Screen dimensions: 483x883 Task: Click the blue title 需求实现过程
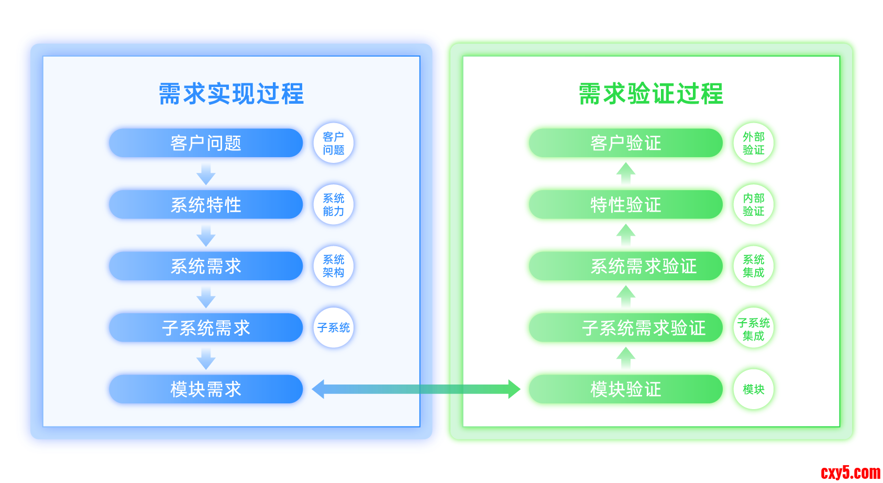click(231, 94)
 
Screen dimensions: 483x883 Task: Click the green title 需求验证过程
click(651, 94)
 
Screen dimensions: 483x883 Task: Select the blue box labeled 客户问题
click(206, 143)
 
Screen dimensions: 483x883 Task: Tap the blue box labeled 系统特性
click(206, 204)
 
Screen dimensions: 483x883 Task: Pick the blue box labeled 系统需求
click(206, 266)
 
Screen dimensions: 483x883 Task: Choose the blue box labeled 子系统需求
click(206, 327)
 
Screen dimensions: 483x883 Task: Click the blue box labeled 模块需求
click(206, 389)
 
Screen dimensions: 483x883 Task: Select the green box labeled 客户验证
click(626, 143)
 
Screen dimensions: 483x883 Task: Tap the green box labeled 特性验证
click(626, 204)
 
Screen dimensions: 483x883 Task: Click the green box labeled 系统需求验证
click(626, 266)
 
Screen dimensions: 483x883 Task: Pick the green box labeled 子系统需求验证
click(626, 327)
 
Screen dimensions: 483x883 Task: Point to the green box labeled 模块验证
click(626, 389)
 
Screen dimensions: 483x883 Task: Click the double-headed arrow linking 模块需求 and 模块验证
click(416, 389)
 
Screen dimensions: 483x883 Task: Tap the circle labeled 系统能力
click(334, 204)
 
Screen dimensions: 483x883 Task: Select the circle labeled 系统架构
click(334, 266)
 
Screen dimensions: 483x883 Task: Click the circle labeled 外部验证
click(754, 143)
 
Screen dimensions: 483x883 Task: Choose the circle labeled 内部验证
click(754, 204)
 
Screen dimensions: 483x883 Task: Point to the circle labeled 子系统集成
click(754, 328)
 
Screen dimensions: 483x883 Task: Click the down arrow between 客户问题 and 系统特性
click(206, 174)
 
